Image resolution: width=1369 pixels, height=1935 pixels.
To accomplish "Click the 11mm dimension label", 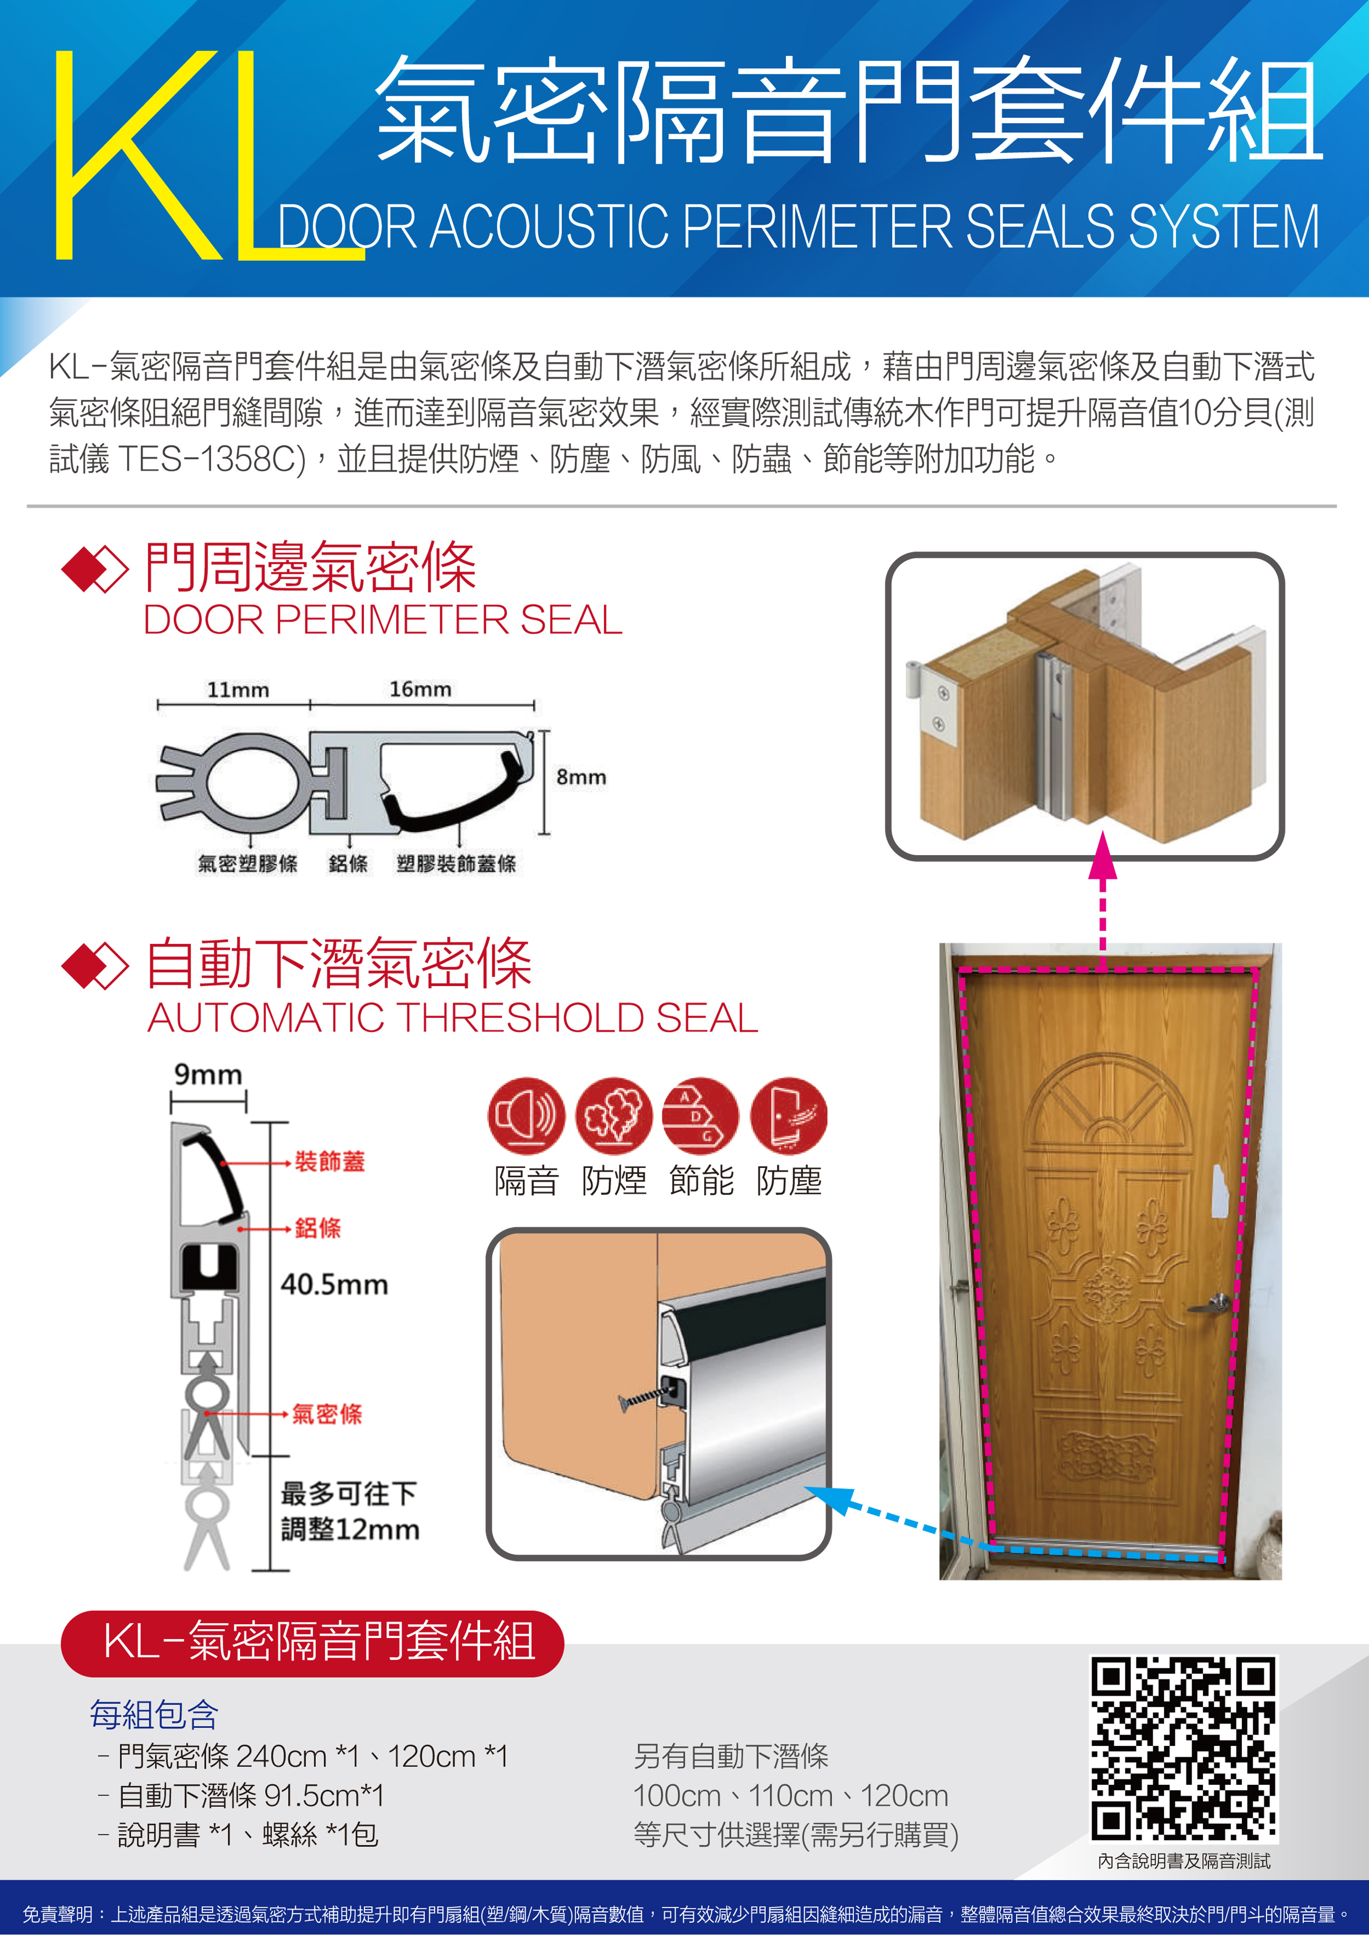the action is [239, 689].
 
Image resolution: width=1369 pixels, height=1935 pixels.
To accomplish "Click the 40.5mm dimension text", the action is [335, 1285].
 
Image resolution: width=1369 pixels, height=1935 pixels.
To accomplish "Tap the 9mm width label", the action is [208, 1075].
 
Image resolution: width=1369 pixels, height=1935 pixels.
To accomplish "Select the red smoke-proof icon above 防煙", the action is [613, 1115].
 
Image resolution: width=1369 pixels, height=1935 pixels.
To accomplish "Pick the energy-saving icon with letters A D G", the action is [701, 1115].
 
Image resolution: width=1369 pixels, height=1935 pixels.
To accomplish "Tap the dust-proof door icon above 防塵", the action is [788, 1115].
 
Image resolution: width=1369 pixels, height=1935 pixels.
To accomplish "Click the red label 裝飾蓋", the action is [329, 1161].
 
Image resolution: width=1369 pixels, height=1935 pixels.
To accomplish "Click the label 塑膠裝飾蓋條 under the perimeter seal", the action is [456, 863].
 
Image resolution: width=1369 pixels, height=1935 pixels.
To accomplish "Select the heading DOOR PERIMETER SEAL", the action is [383, 620].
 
